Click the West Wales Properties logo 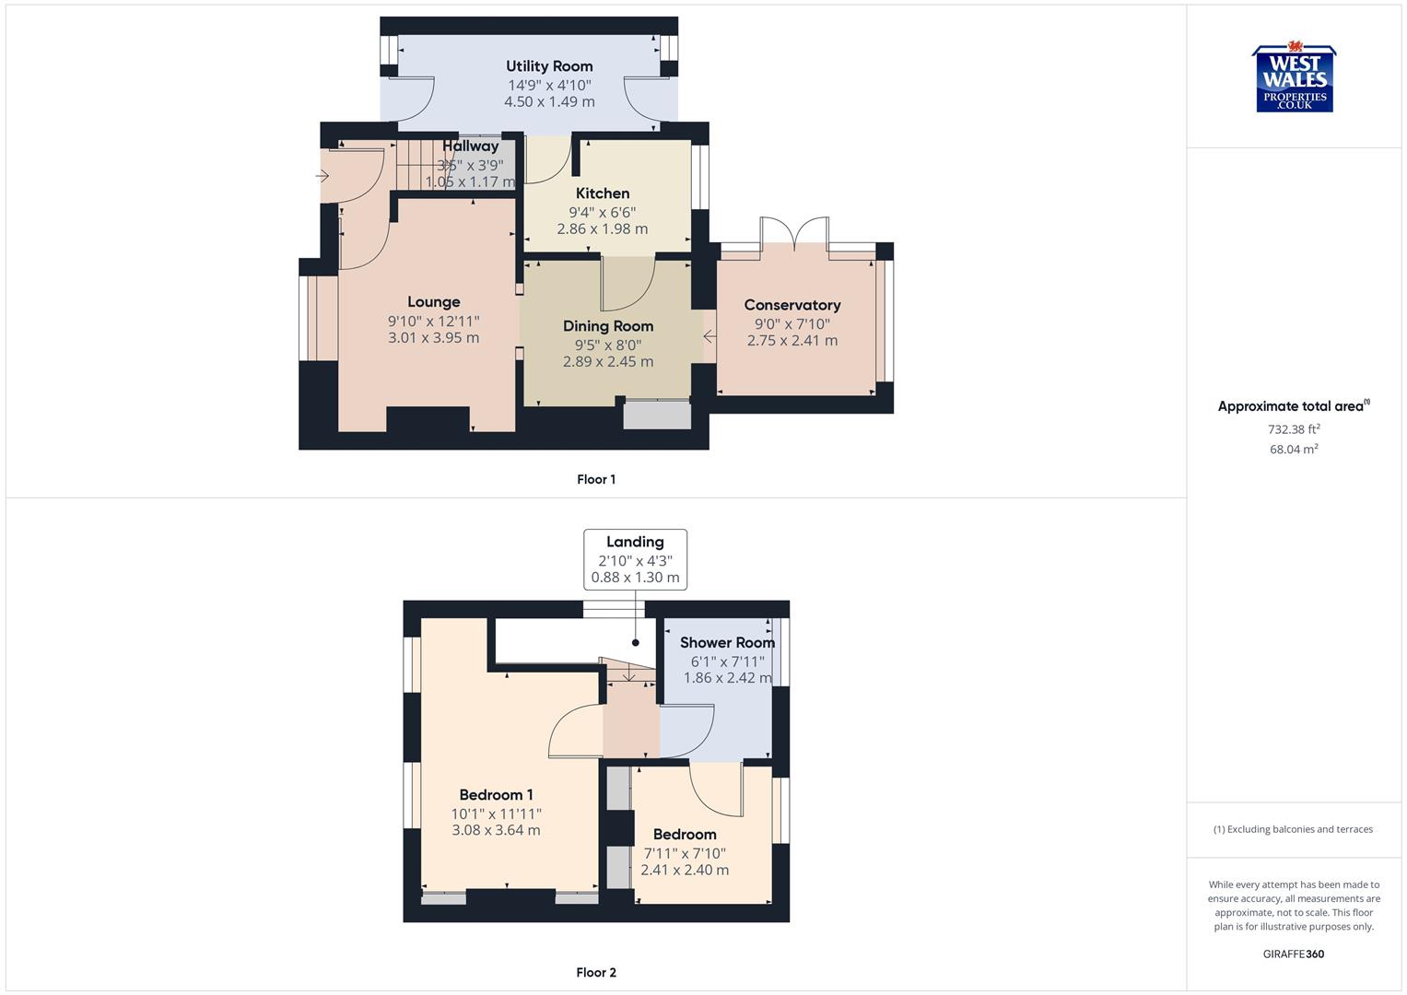point(1294,79)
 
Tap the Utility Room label point(549,66)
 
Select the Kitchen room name point(603,193)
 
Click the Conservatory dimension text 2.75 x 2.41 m point(792,340)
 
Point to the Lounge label point(434,302)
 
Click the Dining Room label point(608,326)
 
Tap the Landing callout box point(635,559)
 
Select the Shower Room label point(727,643)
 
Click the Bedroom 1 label point(496,795)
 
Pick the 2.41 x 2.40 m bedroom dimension point(685,870)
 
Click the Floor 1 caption point(596,479)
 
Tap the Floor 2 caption point(596,972)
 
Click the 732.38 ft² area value point(1294,429)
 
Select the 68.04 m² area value point(1294,450)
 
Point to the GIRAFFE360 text point(1294,954)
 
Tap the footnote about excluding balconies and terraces point(1294,829)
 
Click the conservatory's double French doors point(794,230)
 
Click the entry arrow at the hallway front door point(322,175)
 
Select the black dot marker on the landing point(635,643)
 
